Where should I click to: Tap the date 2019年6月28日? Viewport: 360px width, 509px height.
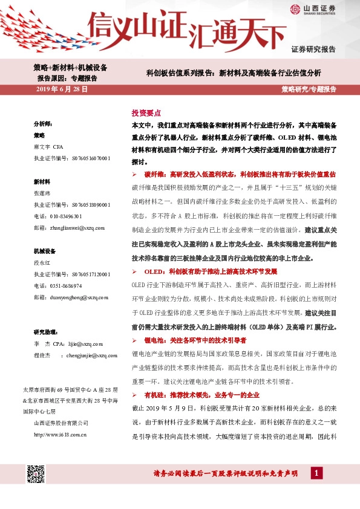point(62,89)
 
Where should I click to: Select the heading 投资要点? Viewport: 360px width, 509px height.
point(146,113)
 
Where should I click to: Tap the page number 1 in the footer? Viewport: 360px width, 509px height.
point(316,472)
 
